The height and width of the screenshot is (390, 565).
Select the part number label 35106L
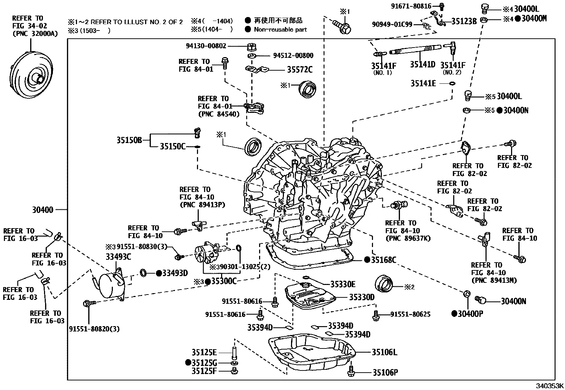(x=384, y=352)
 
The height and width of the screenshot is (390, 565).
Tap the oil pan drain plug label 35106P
(x=385, y=372)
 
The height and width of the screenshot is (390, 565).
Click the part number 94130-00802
(x=206, y=46)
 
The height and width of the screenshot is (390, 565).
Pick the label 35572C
(x=300, y=69)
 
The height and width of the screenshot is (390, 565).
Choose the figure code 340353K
(x=550, y=386)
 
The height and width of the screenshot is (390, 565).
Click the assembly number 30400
(x=43, y=210)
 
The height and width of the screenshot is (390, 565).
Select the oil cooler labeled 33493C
(x=111, y=285)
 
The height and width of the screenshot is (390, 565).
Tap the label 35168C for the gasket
(x=383, y=259)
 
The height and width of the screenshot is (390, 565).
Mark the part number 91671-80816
(x=411, y=6)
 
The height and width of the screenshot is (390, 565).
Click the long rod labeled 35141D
(x=416, y=49)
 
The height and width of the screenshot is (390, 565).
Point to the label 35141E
(x=423, y=83)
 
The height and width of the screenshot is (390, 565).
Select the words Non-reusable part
(x=280, y=29)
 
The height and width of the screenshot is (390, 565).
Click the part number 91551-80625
(x=410, y=314)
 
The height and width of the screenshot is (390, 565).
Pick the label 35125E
(x=204, y=352)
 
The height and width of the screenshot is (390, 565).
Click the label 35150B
(x=129, y=140)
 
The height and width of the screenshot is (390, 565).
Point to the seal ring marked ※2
(x=384, y=284)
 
